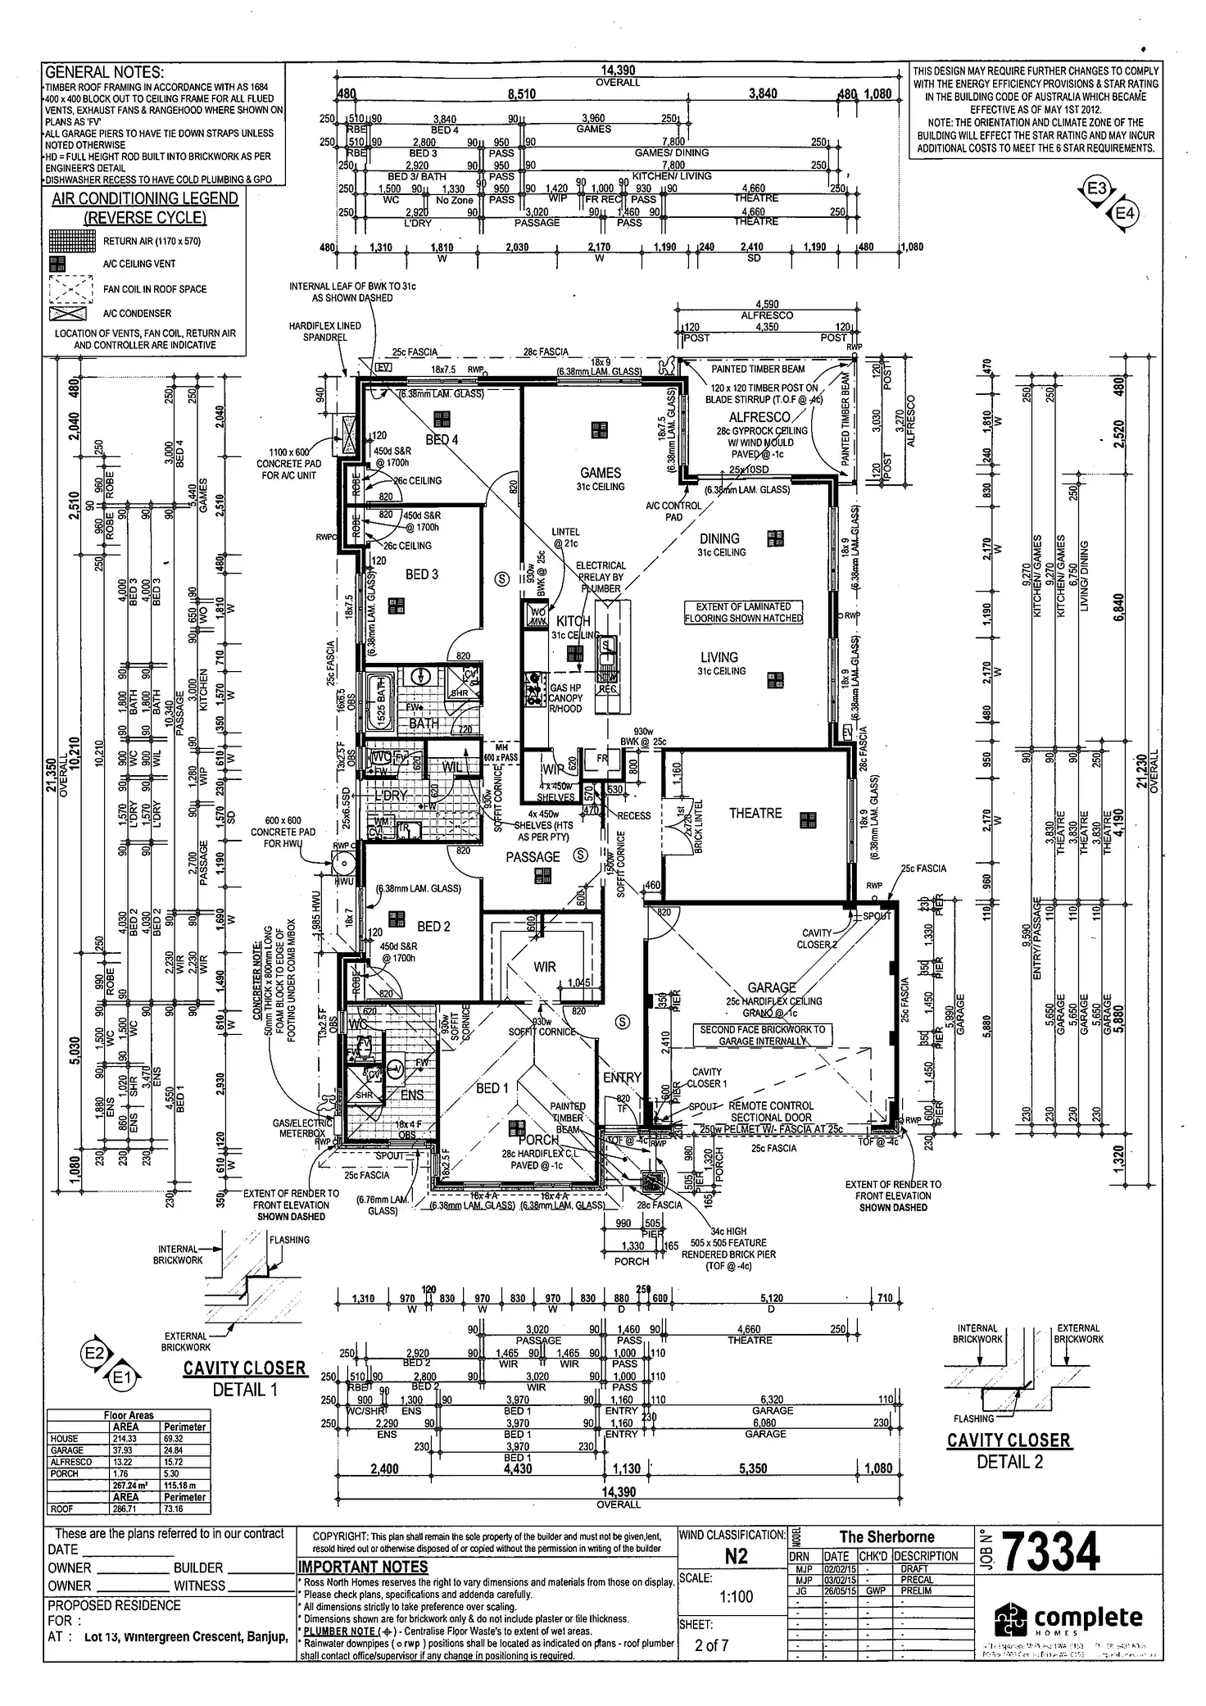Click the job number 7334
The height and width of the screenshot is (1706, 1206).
(x=1050, y=1551)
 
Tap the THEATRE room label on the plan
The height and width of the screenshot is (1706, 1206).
(x=755, y=813)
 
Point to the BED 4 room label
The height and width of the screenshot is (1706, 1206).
(x=442, y=440)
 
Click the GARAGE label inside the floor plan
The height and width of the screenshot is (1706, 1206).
(x=771, y=987)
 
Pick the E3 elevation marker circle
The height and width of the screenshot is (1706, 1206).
(x=1096, y=189)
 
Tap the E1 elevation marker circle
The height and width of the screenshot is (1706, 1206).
(x=121, y=1379)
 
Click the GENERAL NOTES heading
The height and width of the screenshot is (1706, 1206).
(x=104, y=72)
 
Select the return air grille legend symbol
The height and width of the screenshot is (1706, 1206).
(x=71, y=241)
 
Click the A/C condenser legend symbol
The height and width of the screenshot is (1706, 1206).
(x=69, y=313)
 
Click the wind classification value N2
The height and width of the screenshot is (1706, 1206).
(x=737, y=1556)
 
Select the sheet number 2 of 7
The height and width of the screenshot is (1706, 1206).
(x=710, y=1645)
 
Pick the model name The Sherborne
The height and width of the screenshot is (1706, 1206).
(x=886, y=1536)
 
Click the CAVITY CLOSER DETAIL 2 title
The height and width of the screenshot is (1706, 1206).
(x=1009, y=1441)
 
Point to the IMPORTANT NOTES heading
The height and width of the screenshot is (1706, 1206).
(x=363, y=1567)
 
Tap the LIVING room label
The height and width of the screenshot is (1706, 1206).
(x=719, y=657)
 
